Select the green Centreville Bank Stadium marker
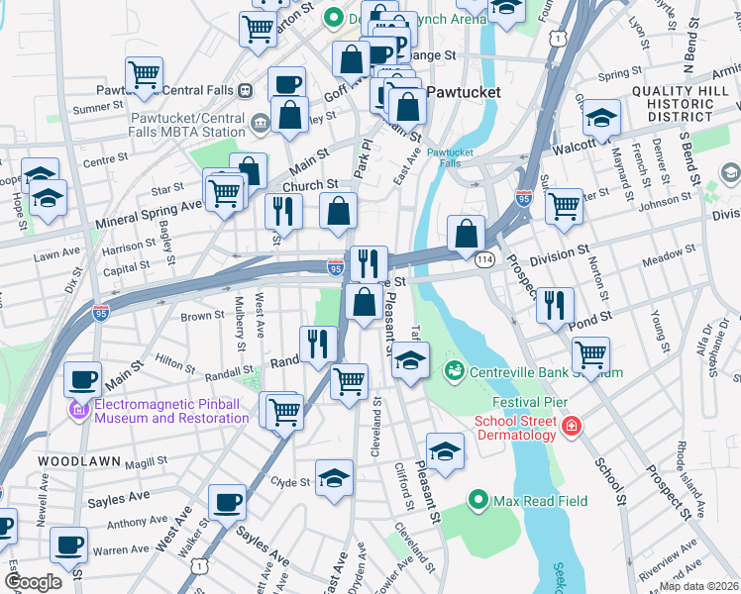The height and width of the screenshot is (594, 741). (x=455, y=372)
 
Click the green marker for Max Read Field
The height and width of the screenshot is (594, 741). (x=479, y=501)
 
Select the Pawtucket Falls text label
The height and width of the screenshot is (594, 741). (x=451, y=158)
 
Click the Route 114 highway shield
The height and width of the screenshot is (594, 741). (x=483, y=258)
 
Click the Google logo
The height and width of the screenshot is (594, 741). (x=33, y=582)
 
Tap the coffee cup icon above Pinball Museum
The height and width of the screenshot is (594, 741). (x=83, y=378)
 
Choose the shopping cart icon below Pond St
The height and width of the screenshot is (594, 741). (x=590, y=352)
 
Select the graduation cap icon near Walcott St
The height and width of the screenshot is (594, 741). (x=601, y=119)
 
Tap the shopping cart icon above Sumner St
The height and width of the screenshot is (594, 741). (x=145, y=72)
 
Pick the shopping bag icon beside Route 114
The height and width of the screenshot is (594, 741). (x=466, y=234)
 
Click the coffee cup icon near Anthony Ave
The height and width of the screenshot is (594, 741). (x=228, y=502)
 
